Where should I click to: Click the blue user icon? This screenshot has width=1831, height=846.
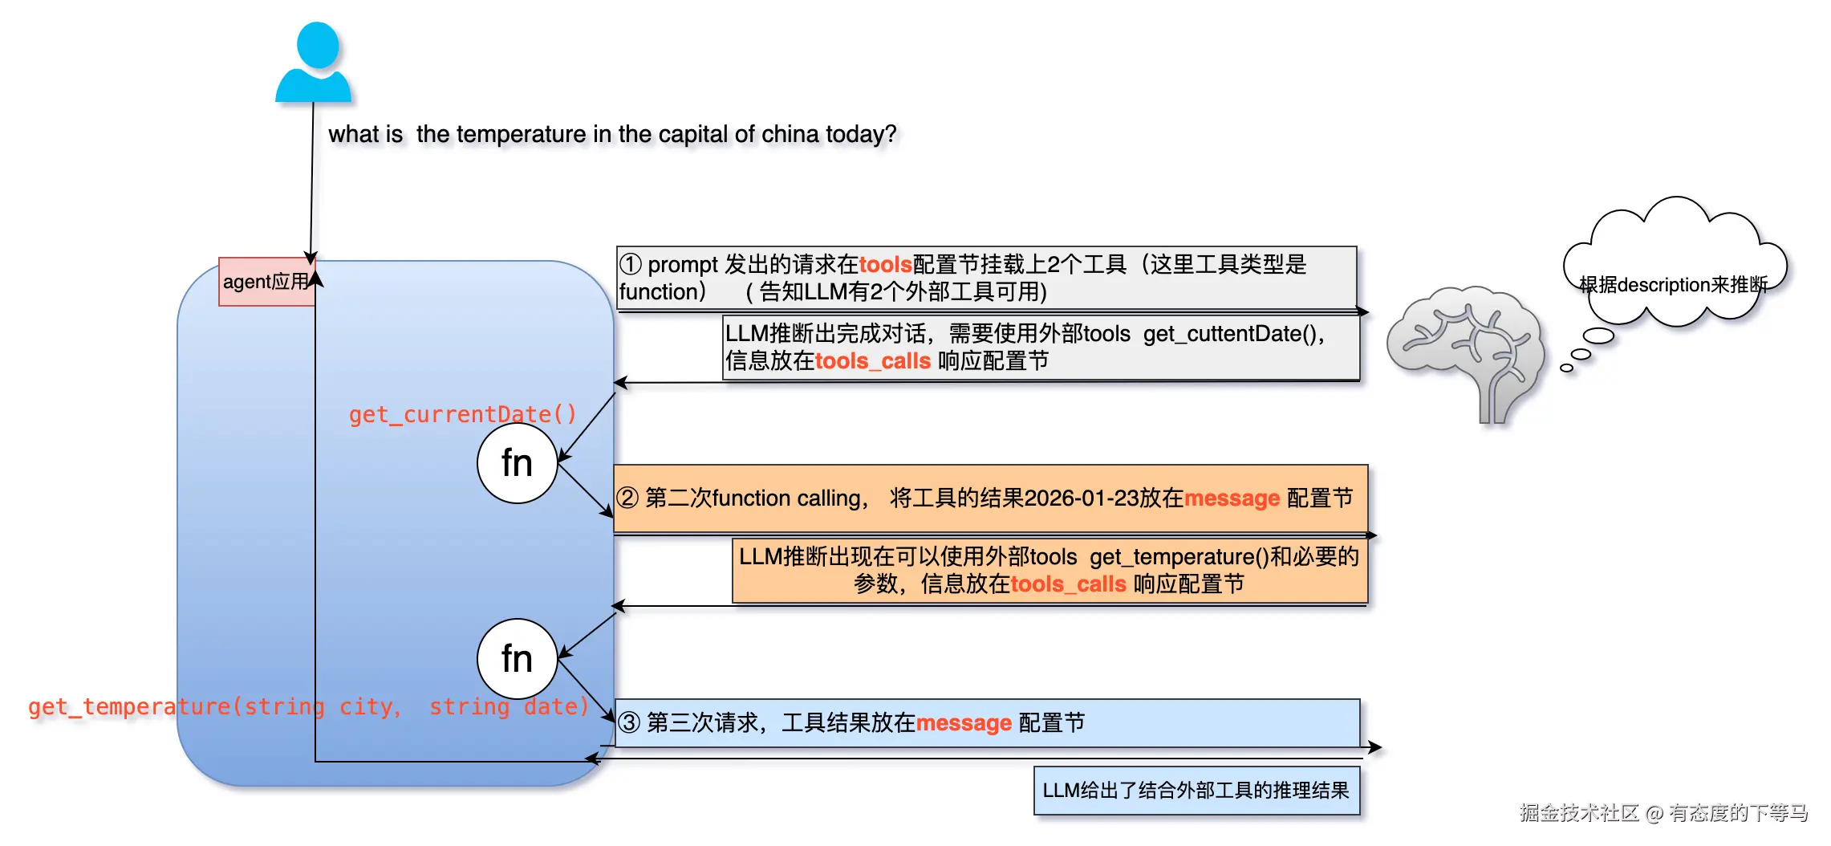click(x=314, y=63)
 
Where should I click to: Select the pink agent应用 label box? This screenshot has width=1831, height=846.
click(x=266, y=282)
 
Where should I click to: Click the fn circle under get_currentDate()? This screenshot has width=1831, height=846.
click(x=517, y=463)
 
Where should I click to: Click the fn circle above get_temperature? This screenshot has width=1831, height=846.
click(x=517, y=659)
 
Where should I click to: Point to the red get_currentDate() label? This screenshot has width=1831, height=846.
click(x=462, y=414)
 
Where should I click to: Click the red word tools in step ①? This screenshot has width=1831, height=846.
click(x=885, y=264)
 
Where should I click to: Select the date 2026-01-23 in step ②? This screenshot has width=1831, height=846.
click(x=1082, y=498)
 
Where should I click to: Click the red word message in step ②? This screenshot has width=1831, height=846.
click(x=1232, y=498)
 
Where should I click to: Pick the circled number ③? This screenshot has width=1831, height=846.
click(x=629, y=723)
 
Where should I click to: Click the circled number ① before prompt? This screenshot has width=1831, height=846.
click(x=631, y=264)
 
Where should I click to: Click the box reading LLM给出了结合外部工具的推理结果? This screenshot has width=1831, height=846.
click(x=1196, y=791)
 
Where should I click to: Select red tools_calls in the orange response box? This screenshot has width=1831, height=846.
click(x=1068, y=584)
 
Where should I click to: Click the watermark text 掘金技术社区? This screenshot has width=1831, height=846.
click(x=1578, y=813)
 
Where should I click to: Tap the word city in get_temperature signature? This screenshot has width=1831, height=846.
click(x=366, y=706)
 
